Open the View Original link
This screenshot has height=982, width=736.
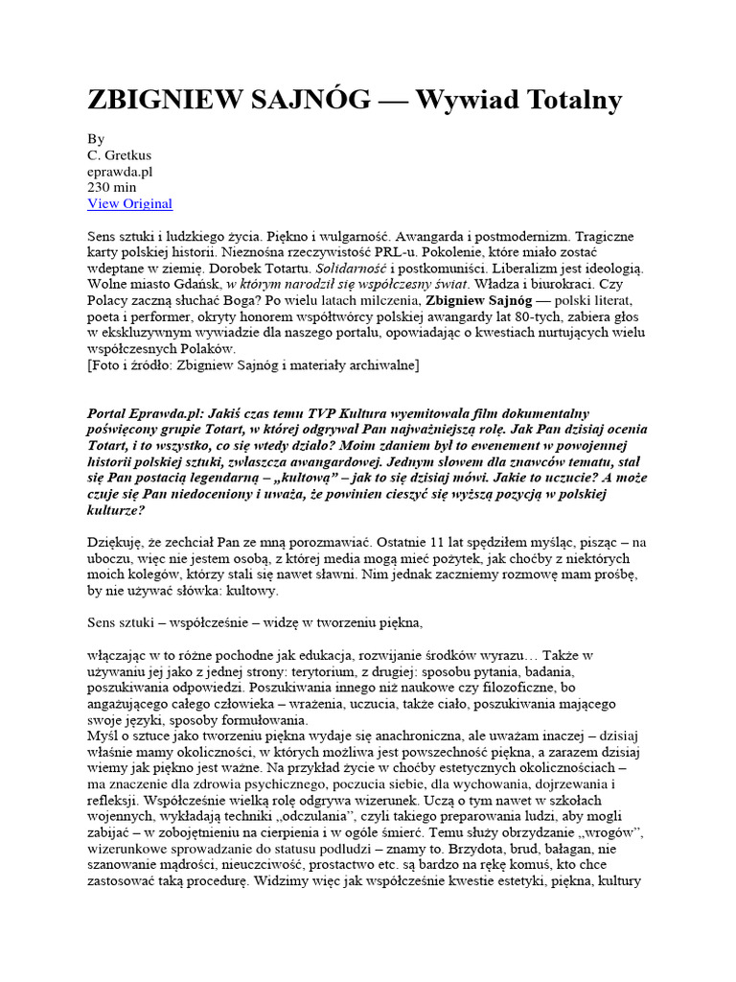point(129,203)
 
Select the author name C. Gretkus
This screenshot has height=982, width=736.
point(119,154)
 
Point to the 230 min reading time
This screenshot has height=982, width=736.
point(111,187)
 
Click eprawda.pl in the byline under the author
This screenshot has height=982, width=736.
point(120,171)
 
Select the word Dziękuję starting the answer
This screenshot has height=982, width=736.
point(117,543)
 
